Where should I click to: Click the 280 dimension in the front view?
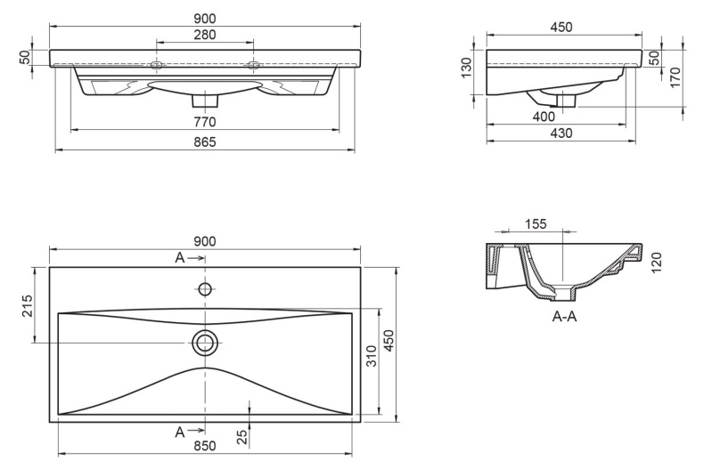coord(205,35)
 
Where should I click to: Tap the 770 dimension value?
coord(205,122)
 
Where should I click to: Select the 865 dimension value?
coord(205,142)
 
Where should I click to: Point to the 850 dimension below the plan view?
coord(205,446)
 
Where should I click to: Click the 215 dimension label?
coord(28,306)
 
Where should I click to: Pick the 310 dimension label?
coord(372,356)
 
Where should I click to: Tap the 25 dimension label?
coord(242,437)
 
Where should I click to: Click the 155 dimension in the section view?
coord(536,223)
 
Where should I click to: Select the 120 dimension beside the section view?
coord(656,263)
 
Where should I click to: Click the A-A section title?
coord(564,317)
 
